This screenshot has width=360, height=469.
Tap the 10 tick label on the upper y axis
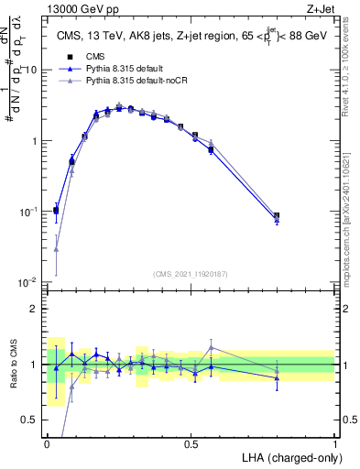pos(31,71)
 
